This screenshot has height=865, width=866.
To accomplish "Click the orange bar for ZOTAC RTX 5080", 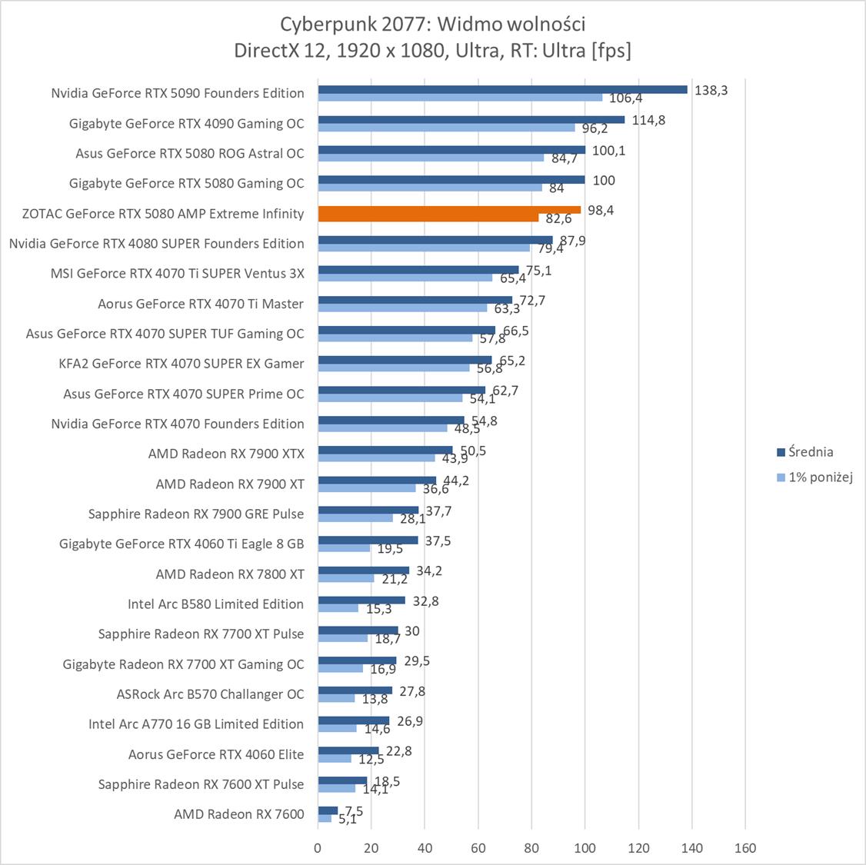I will (x=449, y=210).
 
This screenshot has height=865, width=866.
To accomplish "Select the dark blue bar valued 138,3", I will (x=502, y=89).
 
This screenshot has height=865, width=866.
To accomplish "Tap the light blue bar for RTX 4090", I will (x=446, y=128).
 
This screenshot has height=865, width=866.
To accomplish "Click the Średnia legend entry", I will (x=804, y=452).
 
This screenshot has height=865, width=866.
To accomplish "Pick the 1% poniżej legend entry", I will (x=815, y=477).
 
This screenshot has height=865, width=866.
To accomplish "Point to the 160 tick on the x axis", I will (x=745, y=848).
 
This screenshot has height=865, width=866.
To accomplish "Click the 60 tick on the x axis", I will (x=478, y=848).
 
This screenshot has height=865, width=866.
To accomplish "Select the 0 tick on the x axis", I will (x=318, y=848).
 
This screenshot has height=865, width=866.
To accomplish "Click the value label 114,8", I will (x=648, y=120).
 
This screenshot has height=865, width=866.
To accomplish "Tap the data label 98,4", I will (x=600, y=210).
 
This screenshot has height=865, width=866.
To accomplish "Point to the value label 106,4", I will (x=626, y=98).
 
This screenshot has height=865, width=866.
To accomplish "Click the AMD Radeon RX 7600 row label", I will (x=239, y=814).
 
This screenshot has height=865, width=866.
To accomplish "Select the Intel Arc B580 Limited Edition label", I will (x=215, y=604).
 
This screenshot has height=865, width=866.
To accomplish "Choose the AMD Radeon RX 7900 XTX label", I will (x=226, y=454).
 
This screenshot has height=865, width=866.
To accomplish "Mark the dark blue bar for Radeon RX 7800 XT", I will (x=364, y=571).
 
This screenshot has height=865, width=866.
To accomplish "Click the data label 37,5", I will (x=438, y=541).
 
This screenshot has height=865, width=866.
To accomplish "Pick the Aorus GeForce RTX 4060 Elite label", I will (x=216, y=754).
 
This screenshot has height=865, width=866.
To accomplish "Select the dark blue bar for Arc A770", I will (x=354, y=720).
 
